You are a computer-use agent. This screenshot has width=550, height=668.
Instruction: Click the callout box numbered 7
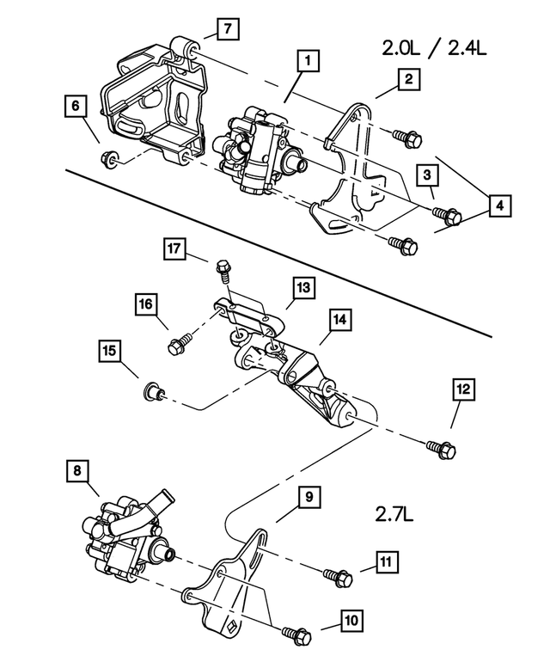click(x=226, y=30)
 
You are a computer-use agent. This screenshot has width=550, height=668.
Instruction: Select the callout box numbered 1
click(x=307, y=61)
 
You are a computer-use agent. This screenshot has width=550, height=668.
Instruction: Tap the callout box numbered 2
click(x=406, y=80)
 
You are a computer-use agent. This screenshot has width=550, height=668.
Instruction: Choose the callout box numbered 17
click(x=174, y=249)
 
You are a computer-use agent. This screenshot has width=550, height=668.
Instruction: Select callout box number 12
click(x=463, y=389)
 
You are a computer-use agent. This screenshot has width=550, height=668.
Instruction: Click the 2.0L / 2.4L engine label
click(x=434, y=49)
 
